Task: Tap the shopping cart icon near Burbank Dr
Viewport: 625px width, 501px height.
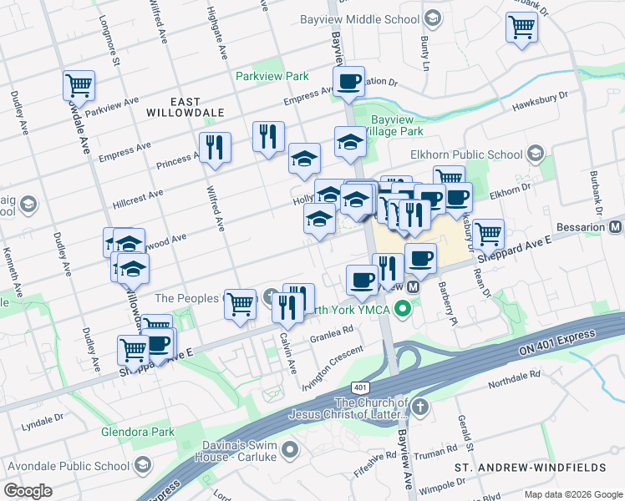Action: [x=521, y=27]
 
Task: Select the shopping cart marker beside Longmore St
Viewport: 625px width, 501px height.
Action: [x=79, y=84]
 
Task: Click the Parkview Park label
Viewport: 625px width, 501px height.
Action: [x=272, y=76]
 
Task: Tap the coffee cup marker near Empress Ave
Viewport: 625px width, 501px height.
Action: [x=348, y=82]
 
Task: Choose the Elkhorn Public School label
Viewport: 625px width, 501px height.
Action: [x=466, y=154]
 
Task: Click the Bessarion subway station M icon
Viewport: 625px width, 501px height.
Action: [x=616, y=227]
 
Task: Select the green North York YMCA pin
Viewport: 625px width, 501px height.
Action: [x=403, y=310]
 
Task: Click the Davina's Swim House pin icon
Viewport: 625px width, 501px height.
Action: [x=290, y=451]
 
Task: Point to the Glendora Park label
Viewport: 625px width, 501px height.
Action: [x=138, y=432]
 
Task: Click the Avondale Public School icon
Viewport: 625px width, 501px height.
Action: [x=143, y=464]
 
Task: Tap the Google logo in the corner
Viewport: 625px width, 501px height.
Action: [x=28, y=490]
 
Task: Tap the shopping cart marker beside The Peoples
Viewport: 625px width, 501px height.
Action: [x=240, y=303]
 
